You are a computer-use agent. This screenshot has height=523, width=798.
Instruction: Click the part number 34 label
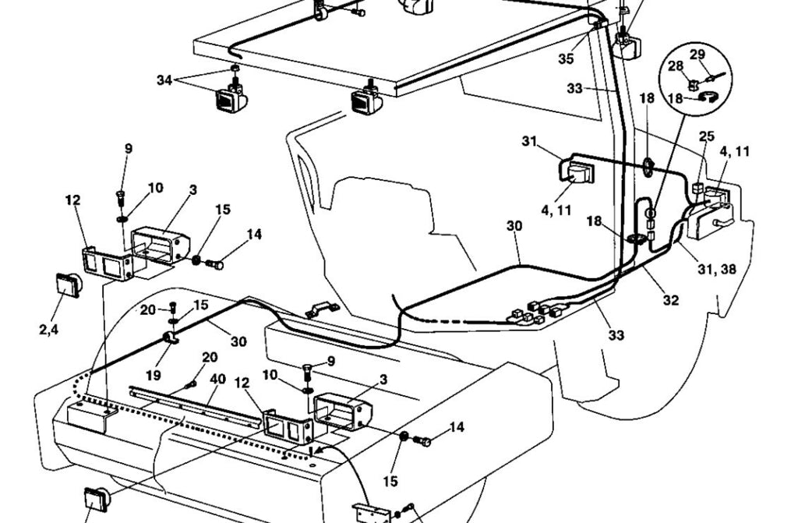[x=164, y=80]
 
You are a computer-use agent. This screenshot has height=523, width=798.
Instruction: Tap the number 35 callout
[x=566, y=58]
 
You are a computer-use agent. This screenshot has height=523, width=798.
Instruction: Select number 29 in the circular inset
[x=697, y=55]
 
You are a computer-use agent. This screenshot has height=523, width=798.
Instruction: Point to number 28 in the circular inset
[x=676, y=66]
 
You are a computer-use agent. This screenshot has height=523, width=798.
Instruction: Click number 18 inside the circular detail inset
[x=675, y=97]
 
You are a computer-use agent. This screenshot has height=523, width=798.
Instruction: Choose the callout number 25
[x=706, y=136]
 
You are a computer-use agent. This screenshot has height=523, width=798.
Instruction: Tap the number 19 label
[x=154, y=376]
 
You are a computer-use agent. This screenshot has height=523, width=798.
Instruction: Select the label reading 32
[x=671, y=300]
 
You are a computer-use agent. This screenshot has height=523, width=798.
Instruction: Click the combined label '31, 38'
[x=717, y=269]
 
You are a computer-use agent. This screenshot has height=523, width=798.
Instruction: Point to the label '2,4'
[x=49, y=330]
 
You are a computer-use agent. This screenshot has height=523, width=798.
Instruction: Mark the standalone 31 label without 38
[x=529, y=141]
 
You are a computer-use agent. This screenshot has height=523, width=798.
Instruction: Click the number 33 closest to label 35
[x=574, y=88]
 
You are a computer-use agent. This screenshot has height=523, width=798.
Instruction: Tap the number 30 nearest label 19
[x=238, y=341]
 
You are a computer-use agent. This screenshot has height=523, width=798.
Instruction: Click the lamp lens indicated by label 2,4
[x=69, y=284]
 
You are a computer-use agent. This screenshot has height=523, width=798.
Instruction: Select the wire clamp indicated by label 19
[x=170, y=338]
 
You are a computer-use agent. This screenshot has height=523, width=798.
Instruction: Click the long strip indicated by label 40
[x=202, y=406]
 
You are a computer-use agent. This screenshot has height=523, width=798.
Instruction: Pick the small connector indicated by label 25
[x=697, y=186]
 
